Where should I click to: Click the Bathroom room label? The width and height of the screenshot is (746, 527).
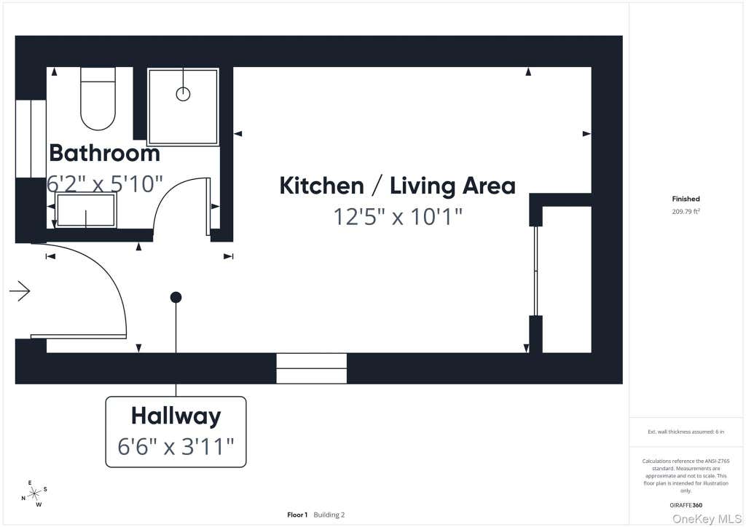pos(104,153)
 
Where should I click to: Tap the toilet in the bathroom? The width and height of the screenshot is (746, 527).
pos(98,98)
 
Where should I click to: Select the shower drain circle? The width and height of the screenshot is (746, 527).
pos(183,94)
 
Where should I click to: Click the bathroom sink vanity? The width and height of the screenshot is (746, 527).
pos(86,210)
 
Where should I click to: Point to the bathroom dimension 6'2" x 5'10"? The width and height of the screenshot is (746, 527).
pos(105,183)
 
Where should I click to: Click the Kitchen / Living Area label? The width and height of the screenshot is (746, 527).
pos(397,186)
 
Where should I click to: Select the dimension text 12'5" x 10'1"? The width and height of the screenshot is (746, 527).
pos(398,217)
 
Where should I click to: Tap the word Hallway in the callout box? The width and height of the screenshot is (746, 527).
pos(176,416)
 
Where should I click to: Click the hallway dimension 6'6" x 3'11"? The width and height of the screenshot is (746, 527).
pos(176,447)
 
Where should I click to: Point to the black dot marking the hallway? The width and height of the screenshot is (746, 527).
pos(176,298)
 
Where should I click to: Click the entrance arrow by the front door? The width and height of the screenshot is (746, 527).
pos(20,291)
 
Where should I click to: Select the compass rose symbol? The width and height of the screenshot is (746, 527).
pos(34,494)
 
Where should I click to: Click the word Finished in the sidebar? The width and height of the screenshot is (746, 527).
pos(686,199)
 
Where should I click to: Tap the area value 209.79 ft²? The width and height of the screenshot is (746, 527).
pos(686,212)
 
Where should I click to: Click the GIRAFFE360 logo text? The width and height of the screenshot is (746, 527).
pos(686,505)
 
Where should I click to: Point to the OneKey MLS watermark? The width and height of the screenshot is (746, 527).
pos(707,519)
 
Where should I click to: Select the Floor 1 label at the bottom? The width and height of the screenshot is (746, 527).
pos(297,515)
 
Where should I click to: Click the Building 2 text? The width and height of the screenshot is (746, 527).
pos(329,515)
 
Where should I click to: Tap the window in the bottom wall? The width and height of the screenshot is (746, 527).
pos(312,368)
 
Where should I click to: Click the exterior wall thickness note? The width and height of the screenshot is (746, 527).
pos(686,432)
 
